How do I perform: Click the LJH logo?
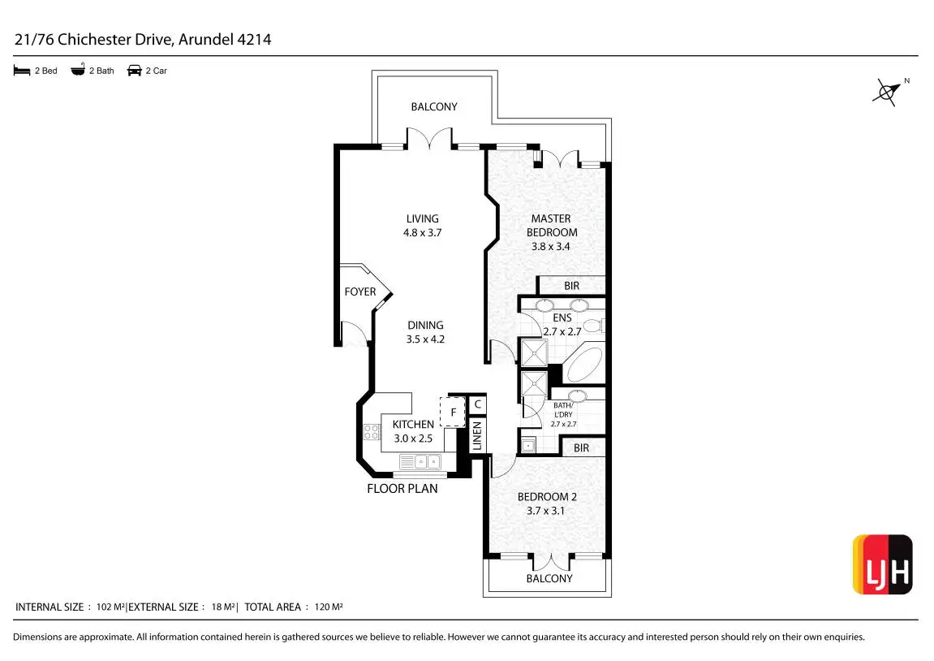pos(882,564)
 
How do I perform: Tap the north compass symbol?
pos(887,92)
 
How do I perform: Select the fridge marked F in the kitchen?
pos(452,412)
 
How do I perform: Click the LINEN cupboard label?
pos(477,436)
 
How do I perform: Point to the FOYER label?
pos(360,292)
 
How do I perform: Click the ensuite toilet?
pos(594,326)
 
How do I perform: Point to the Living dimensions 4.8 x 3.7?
pos(422,232)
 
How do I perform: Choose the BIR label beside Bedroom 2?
pos(581,447)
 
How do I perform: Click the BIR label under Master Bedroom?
pos(571,286)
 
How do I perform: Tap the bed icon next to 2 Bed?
pos(22,71)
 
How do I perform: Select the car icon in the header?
pos(135,71)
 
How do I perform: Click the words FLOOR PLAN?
pos(402,489)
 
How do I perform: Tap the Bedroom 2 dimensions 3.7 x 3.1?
pos(546,511)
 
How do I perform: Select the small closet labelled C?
pos(478,404)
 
